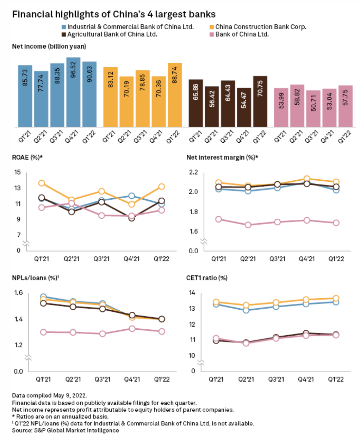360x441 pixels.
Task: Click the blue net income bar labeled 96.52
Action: tap(73, 92)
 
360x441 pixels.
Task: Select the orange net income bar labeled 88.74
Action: tap(175, 95)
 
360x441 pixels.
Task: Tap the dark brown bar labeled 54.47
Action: tap(244, 107)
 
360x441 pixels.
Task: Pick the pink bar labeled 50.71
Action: tap(313, 108)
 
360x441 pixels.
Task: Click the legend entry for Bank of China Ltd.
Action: tap(242, 34)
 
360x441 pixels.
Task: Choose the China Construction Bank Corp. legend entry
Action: tap(260, 27)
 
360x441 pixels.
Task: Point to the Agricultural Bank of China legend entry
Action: tap(112, 34)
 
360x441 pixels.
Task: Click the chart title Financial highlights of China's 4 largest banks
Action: tap(114, 14)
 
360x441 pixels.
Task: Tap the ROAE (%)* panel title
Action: tap(27, 157)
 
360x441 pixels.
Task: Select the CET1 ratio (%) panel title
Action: tap(207, 278)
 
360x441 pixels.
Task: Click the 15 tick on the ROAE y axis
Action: tap(17, 172)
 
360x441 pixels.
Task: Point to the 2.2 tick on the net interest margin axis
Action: tap(193, 172)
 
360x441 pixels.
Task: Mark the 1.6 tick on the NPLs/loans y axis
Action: tap(19, 293)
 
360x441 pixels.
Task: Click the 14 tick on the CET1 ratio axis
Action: tap(192, 293)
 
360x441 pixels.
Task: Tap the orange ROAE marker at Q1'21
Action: tap(42, 183)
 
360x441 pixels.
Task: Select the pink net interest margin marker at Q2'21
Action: tap(248, 225)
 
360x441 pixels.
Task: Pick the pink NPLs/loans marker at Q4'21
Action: tap(132, 329)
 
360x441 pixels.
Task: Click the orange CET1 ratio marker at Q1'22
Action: tap(336, 298)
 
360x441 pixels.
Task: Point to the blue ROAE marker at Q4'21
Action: tap(131, 196)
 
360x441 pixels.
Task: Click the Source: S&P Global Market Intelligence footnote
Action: tap(65, 430)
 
